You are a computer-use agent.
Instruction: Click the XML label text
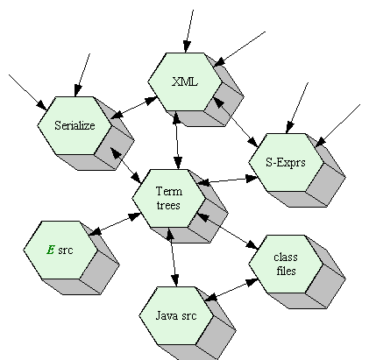pyautogui.click(x=185, y=81)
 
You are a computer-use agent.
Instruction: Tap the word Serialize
pyautogui.click(x=75, y=125)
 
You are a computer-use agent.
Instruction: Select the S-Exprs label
pyautogui.click(x=286, y=162)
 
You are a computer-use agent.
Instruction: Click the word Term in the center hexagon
pyautogui.click(x=169, y=191)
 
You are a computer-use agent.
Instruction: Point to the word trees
pyautogui.click(x=168, y=205)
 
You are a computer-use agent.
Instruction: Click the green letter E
pyautogui.click(x=51, y=250)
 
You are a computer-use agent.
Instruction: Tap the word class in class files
pyautogui.click(x=286, y=257)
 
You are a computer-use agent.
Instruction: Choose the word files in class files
pyautogui.click(x=286, y=271)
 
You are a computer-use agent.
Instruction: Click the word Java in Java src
pyautogui.click(x=165, y=315)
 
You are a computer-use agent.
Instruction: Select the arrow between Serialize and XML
pyautogui.click(x=134, y=108)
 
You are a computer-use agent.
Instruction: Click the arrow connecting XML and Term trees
pyautogui.click(x=177, y=140)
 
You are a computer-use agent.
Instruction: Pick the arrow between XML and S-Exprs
pyautogui.click(x=236, y=122)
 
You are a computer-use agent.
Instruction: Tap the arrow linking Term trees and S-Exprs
pyautogui.click(x=228, y=180)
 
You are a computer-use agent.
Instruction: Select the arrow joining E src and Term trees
pyautogui.click(x=115, y=224)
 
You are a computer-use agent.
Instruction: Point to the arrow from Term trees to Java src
pyautogui.click(x=173, y=257)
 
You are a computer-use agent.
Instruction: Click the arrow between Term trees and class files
pyautogui.click(x=228, y=231)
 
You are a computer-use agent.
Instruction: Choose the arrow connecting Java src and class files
pyautogui.click(x=231, y=290)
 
